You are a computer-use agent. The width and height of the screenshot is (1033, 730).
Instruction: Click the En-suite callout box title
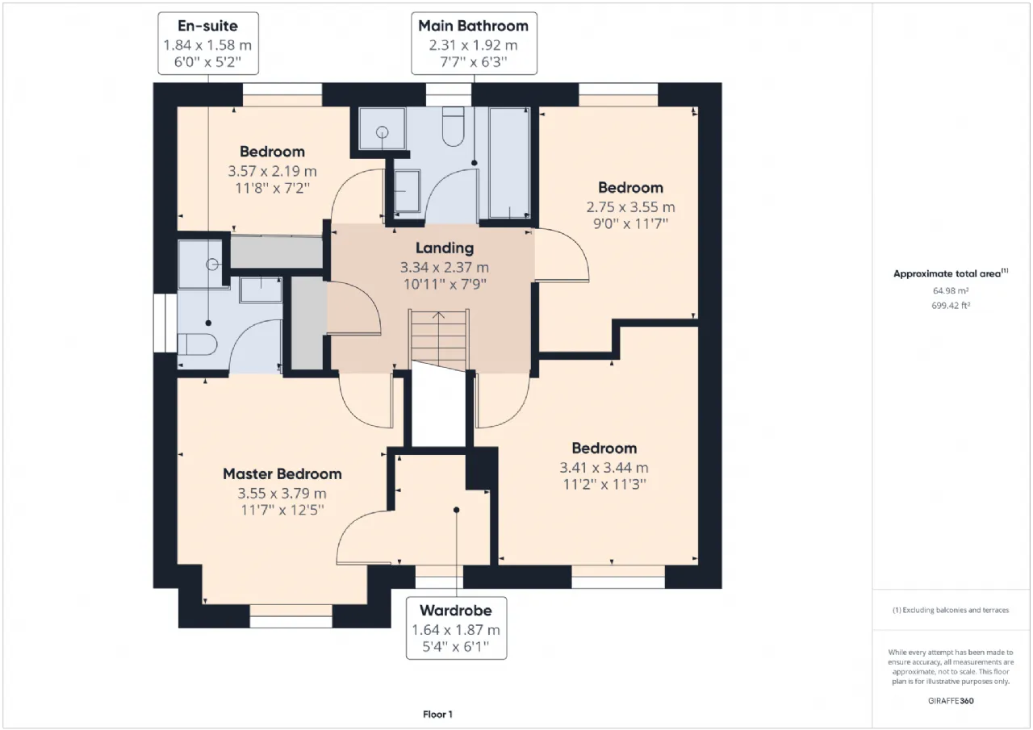[208, 26]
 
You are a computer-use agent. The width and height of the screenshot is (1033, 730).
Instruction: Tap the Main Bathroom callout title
[474, 26]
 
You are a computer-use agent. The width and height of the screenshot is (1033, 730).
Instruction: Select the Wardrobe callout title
[456, 610]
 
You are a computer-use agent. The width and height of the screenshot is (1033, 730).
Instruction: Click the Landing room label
[445, 248]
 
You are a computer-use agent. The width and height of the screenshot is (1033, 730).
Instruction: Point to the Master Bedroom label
[282, 473]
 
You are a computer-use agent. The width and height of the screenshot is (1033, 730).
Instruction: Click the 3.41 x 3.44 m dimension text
[604, 467]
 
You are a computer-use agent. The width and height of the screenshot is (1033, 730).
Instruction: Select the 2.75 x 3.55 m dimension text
[630, 207]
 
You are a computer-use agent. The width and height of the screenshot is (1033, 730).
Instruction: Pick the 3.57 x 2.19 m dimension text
[272, 171]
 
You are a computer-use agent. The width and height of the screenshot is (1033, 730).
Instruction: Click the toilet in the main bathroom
[453, 127]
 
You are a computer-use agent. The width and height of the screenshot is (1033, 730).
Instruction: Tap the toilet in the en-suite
[198, 344]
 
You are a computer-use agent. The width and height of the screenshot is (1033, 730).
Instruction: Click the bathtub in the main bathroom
[509, 162]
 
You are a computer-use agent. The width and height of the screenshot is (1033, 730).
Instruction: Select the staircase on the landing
[438, 340]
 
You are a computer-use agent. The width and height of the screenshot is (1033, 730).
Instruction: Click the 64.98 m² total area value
[951, 291]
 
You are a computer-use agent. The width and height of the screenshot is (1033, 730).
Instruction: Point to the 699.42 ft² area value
[951, 306]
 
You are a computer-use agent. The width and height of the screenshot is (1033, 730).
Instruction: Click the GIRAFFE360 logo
[951, 701]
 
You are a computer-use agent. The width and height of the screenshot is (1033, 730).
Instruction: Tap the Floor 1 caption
[437, 715]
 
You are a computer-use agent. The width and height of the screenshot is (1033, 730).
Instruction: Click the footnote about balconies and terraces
[951, 610]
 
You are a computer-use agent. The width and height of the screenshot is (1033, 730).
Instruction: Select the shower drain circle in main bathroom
[382, 132]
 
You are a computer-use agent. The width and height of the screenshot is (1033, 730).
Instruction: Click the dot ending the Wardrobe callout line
[456, 510]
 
